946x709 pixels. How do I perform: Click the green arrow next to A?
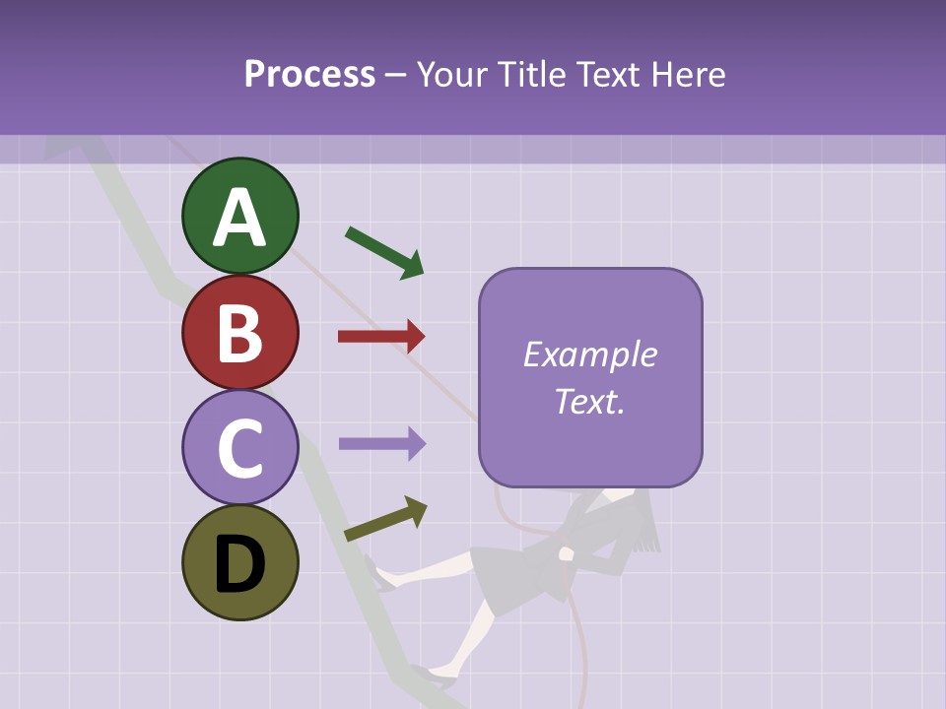pos(384,252)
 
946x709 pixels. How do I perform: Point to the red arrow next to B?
pos(381,337)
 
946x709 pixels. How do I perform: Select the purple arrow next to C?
pos(381,443)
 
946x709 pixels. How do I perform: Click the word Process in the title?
pos(309,74)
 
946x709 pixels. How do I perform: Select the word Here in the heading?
pos(690,74)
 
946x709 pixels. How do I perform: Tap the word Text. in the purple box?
pos(589,401)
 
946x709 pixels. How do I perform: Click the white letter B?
pos(239,333)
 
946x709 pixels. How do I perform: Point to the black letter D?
pos(239,565)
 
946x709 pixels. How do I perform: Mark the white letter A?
pos(239,219)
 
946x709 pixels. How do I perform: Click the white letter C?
pos(239,448)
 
